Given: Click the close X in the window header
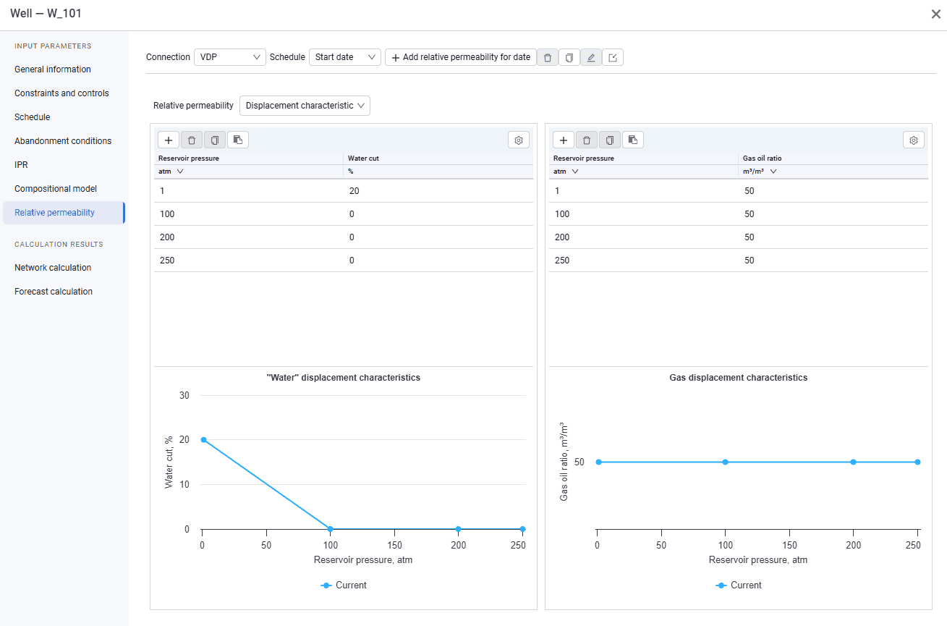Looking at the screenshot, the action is [x=935, y=14].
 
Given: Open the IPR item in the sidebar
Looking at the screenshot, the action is [x=21, y=165].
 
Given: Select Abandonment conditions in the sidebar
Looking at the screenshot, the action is [x=63, y=141].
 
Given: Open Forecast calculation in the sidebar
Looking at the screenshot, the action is [x=54, y=292].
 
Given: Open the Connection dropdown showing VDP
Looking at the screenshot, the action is [x=229, y=57].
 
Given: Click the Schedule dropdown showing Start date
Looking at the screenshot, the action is [x=344, y=57].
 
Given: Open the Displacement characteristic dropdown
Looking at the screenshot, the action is [x=305, y=106].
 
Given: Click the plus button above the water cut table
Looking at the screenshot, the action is [x=169, y=140].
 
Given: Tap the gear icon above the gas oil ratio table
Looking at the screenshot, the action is [x=913, y=140].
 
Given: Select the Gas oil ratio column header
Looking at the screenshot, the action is [x=762, y=158].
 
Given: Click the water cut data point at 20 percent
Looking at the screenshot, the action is [x=203, y=440].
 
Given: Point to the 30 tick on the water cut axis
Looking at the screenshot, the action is [x=184, y=395].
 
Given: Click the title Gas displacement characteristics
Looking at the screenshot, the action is [x=738, y=377].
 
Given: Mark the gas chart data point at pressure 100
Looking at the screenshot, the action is [x=725, y=462].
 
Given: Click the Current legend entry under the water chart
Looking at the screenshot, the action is [x=344, y=585].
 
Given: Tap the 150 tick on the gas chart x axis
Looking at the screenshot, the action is [x=789, y=545].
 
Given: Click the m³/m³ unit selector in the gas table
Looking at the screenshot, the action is [x=760, y=172].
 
